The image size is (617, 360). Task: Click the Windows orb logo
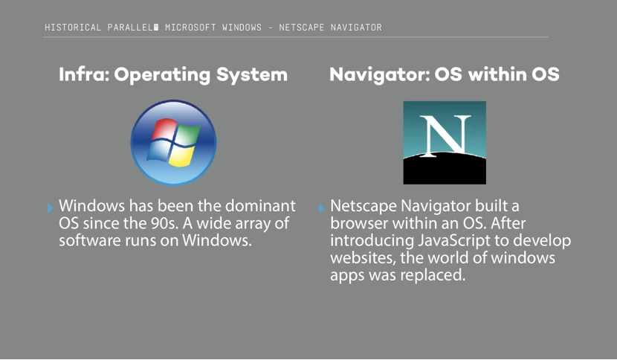tap(173, 142)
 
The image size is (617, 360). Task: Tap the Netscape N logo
tap(445, 143)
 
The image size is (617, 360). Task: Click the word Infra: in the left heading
tap(84, 74)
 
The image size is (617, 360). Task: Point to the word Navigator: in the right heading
tap(380, 75)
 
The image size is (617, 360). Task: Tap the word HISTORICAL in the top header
tap(73, 28)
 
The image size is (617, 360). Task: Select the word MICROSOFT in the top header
tap(190, 28)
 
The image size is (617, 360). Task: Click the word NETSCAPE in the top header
tap(301, 28)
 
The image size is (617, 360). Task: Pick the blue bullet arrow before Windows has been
tap(50, 208)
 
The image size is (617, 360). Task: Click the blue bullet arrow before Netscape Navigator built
tap(321, 208)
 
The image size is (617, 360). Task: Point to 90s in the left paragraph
tap(164, 223)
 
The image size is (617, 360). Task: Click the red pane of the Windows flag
tap(164, 129)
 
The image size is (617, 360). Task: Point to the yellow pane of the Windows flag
tap(181, 155)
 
